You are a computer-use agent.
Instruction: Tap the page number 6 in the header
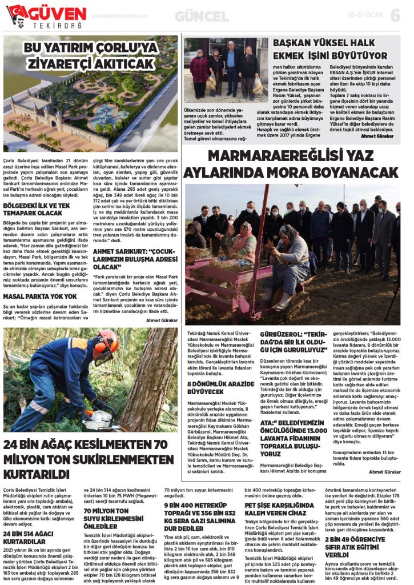395,16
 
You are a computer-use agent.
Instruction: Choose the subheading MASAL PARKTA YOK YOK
40,296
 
